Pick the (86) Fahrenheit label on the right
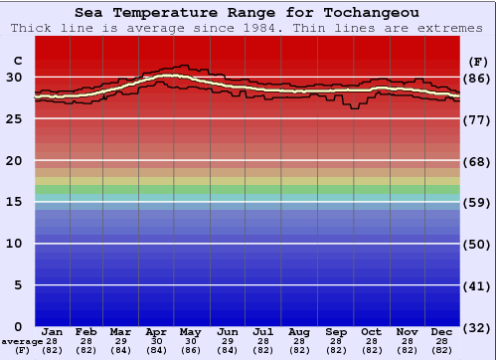pos(478,78)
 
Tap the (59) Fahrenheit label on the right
pos(478,202)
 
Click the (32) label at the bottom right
pos(478,327)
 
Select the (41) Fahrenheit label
pos(478,285)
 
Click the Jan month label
pos(53,332)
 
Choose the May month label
pos(191,332)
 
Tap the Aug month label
pos(299,332)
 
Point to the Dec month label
pos(441,332)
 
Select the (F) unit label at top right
pos(478,61)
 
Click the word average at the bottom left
pos(22,341)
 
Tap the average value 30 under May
pos(191,341)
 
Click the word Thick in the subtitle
pos(32,28)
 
